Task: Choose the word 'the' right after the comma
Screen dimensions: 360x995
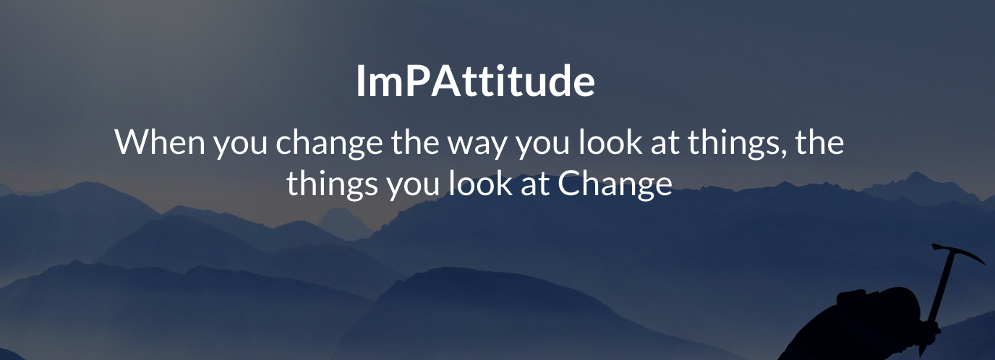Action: [819, 142]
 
